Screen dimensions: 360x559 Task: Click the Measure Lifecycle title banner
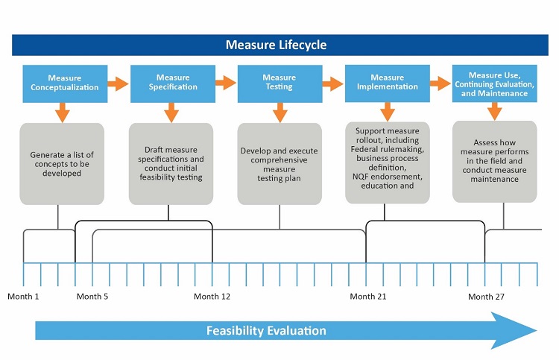(276, 45)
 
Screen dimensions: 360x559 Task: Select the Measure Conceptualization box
(65, 83)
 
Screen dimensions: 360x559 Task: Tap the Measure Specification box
(172, 83)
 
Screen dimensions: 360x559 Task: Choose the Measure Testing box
(279, 83)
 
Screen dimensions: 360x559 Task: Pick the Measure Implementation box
(387, 83)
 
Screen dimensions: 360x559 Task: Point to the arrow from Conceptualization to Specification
(118, 83)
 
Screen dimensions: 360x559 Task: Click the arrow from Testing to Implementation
(332, 83)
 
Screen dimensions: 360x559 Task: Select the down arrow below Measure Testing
(280, 112)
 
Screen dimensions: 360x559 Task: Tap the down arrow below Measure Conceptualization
(62, 112)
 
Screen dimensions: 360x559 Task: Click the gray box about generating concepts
(62, 164)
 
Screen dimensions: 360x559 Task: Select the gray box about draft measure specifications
(171, 164)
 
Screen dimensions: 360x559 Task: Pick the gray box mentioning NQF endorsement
(387, 162)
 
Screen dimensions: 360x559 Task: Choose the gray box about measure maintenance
(495, 161)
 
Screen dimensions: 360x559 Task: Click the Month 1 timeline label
(23, 297)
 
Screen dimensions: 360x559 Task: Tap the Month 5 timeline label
(92, 297)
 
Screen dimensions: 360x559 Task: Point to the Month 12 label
(212, 297)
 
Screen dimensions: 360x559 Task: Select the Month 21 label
(368, 297)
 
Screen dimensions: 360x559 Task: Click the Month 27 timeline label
(486, 297)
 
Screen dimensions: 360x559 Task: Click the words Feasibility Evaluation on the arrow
(266, 330)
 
